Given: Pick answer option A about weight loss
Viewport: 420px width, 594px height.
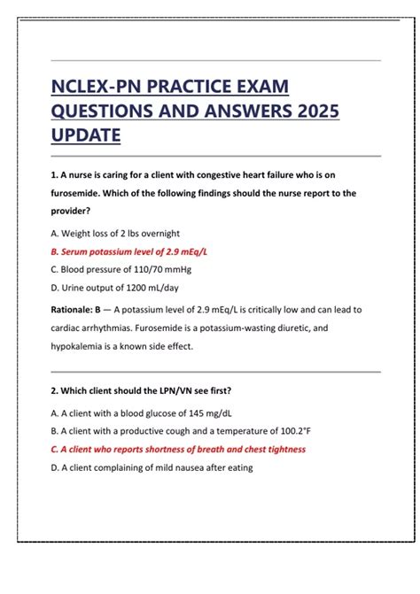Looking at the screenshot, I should (x=116, y=233).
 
